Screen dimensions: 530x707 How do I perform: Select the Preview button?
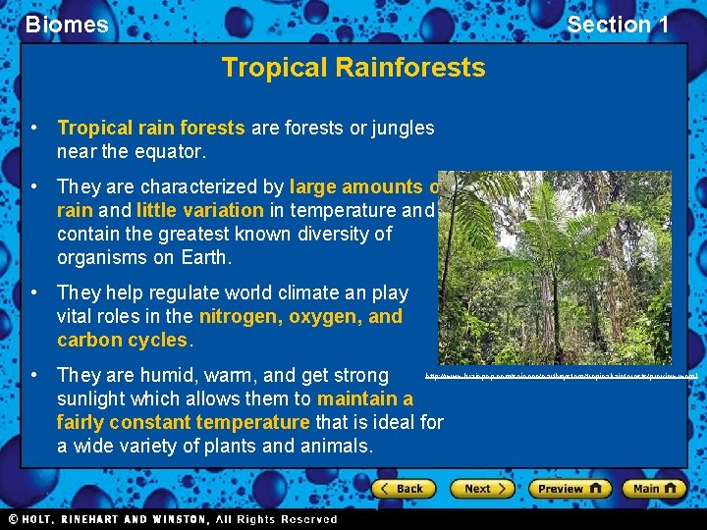[570, 488]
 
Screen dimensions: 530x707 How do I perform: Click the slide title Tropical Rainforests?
[353, 67]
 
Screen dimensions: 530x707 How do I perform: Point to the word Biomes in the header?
[67, 25]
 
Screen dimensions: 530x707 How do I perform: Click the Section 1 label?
[618, 25]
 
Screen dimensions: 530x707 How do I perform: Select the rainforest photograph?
[554, 267]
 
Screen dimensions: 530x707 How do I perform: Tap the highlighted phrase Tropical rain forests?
[151, 128]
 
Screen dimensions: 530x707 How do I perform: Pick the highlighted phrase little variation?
[200, 209]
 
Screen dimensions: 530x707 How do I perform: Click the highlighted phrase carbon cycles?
[122, 340]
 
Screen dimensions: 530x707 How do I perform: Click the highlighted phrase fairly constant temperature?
[183, 422]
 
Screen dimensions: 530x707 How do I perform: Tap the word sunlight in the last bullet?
[94, 398]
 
